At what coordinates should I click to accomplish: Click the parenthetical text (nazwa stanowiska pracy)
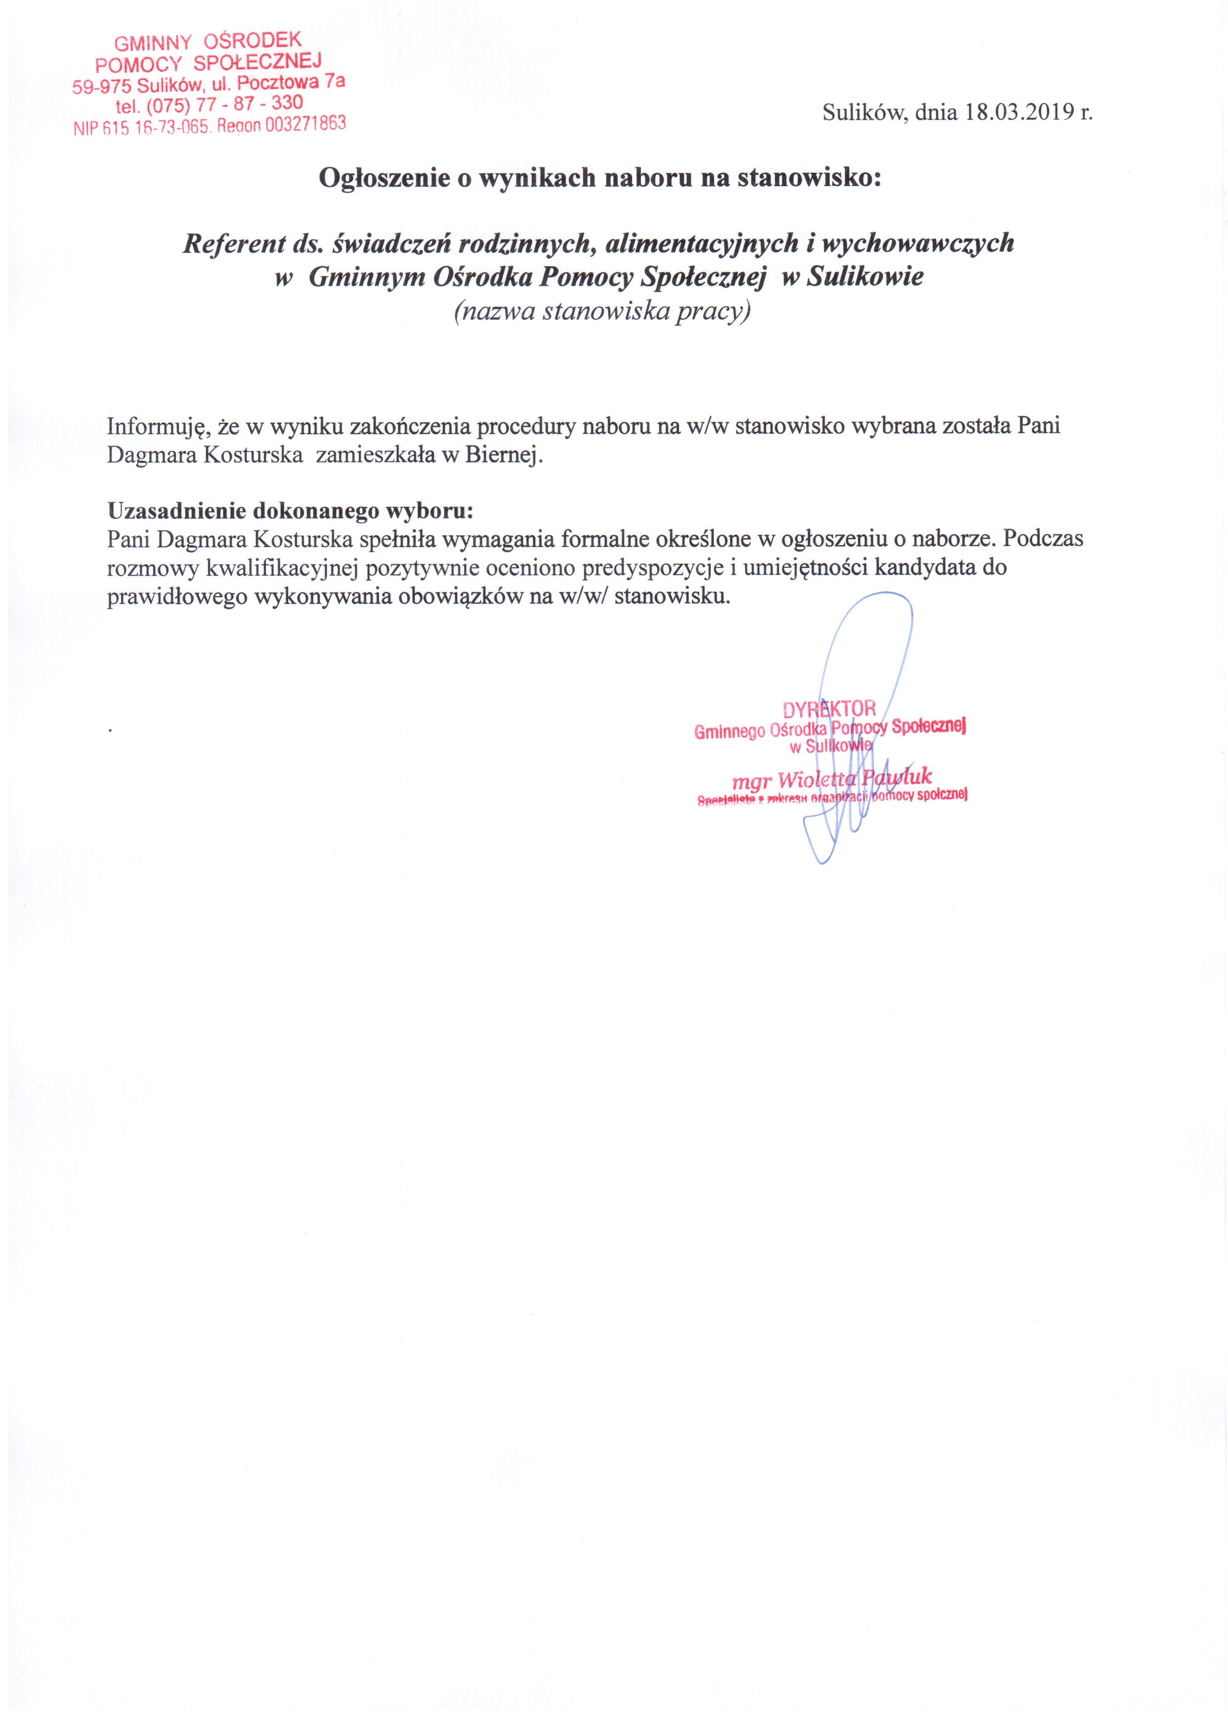coord(602,311)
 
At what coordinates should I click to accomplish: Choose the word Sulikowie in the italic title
coord(865,277)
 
